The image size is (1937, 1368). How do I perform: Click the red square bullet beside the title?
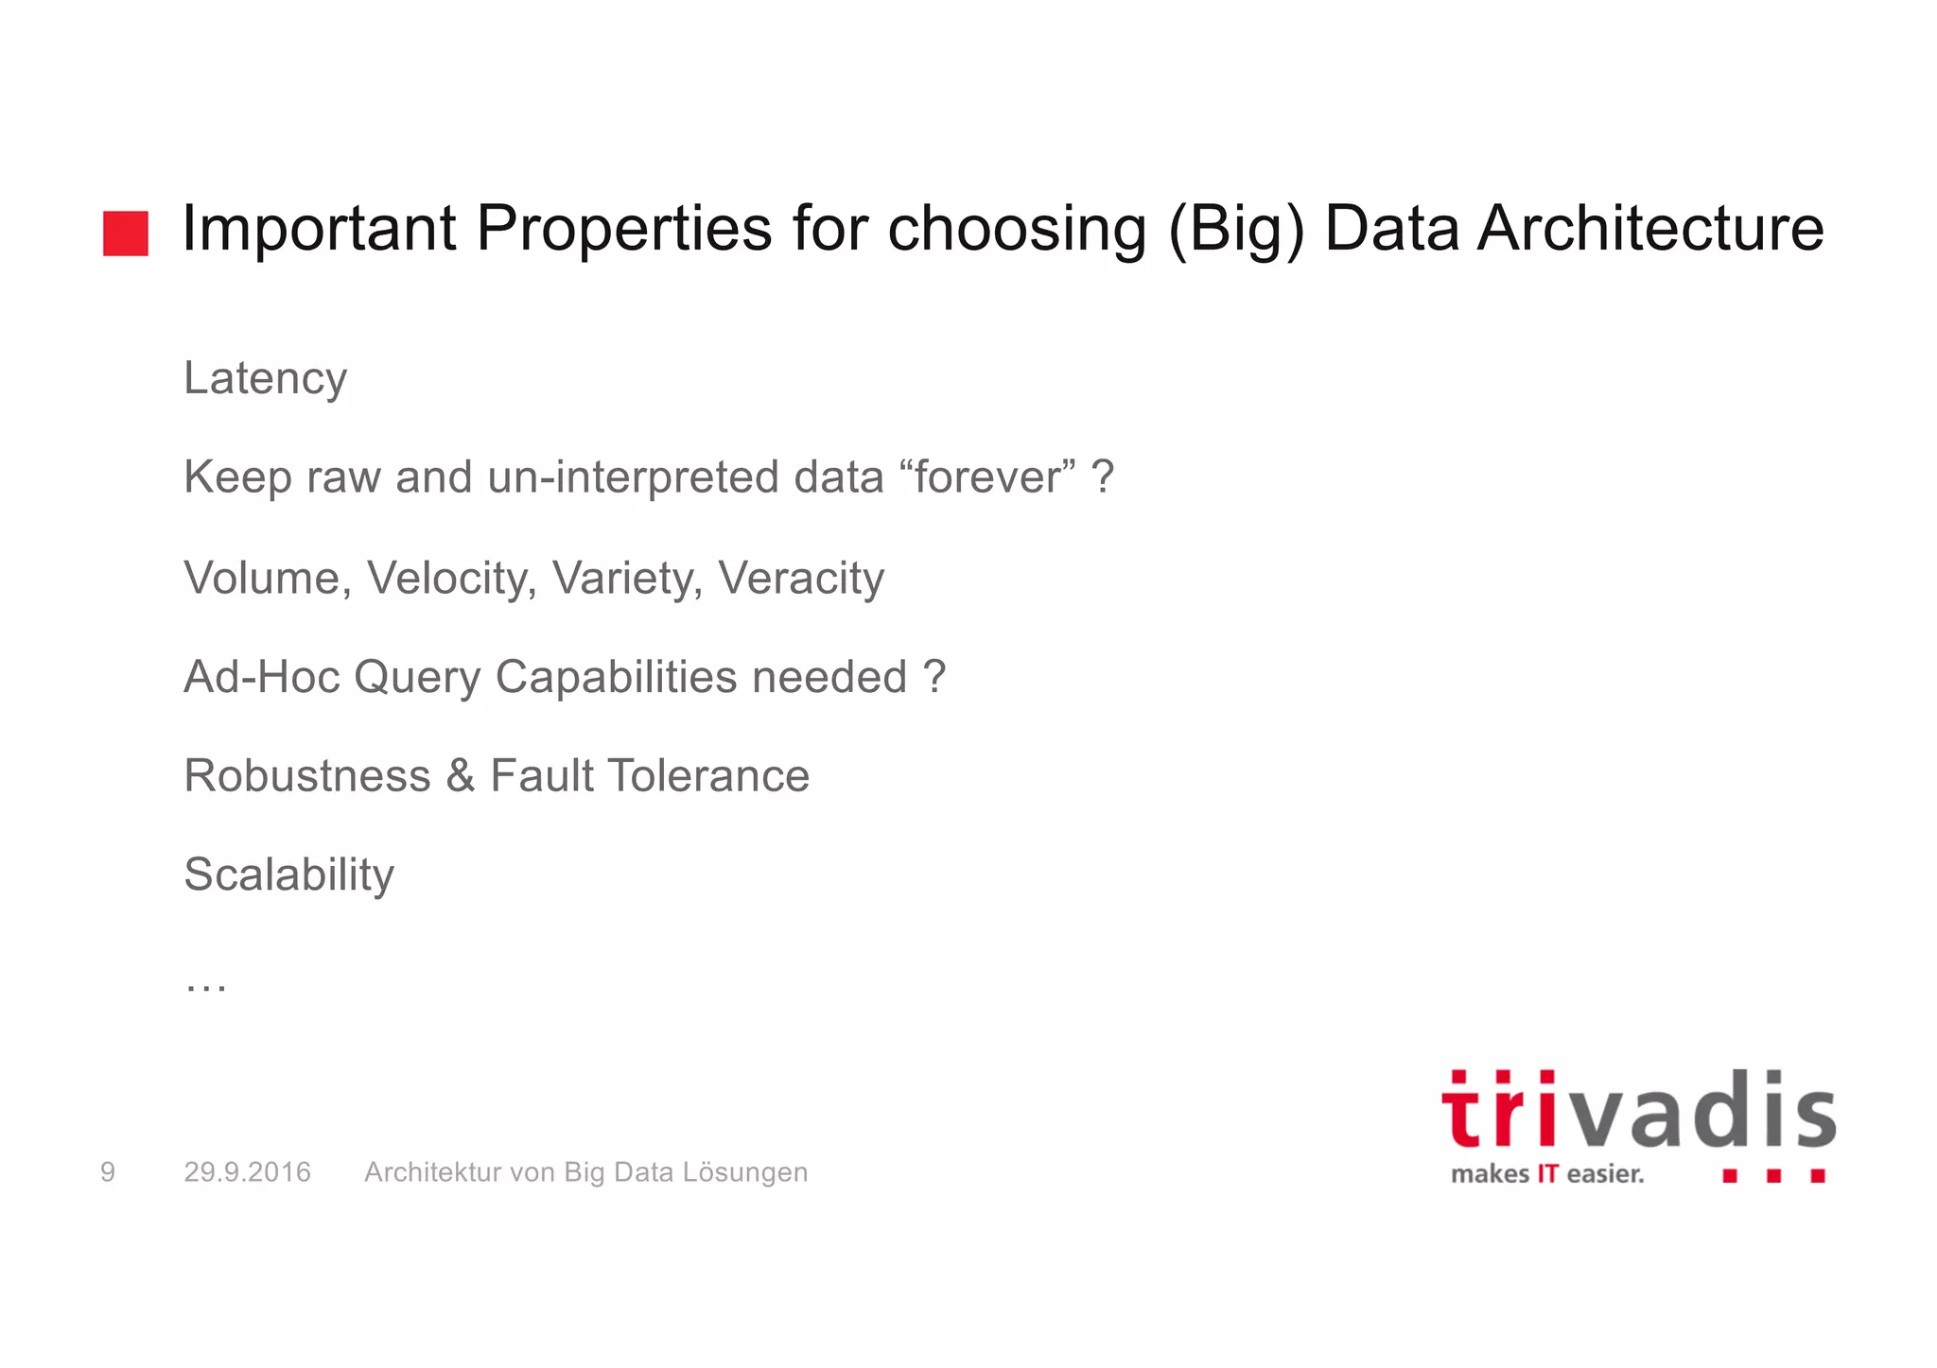point(126,234)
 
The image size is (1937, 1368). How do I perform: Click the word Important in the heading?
point(319,230)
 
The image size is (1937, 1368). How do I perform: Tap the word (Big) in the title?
point(1236,230)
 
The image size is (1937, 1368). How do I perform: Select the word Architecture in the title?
point(1650,230)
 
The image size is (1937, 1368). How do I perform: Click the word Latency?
point(266,379)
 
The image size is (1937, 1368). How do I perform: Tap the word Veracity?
point(801,578)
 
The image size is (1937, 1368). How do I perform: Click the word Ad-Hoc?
point(262,677)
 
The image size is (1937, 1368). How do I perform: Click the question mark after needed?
point(934,677)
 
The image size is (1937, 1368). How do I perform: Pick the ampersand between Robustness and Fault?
point(461,776)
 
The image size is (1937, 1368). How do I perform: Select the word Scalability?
point(288,874)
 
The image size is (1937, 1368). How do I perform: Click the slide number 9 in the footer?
point(108,1172)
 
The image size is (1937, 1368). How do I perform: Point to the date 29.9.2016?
point(247,1172)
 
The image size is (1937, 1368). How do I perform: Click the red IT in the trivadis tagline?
point(1547,1174)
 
